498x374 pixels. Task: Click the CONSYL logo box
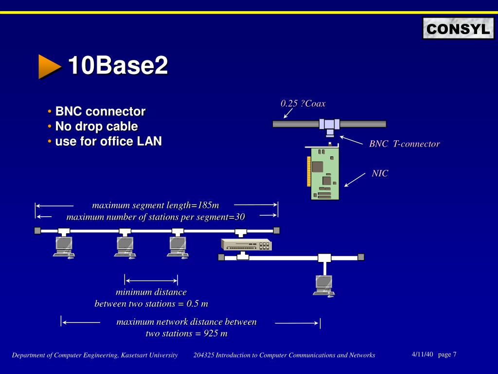(x=458, y=29)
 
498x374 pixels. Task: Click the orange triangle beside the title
(x=50, y=66)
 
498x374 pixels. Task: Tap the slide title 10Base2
(x=118, y=66)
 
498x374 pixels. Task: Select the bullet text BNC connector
(x=100, y=112)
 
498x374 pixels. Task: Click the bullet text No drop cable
(x=96, y=127)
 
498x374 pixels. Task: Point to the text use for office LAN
(x=108, y=142)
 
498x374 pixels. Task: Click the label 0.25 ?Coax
(x=303, y=103)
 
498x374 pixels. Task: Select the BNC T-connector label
(x=404, y=144)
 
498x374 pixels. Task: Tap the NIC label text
(x=380, y=173)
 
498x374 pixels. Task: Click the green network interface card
(x=324, y=173)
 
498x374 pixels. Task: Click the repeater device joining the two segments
(x=246, y=244)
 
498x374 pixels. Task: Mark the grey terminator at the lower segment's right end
(x=361, y=257)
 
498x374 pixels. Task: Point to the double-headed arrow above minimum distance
(x=151, y=280)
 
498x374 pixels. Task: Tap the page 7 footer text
(x=447, y=355)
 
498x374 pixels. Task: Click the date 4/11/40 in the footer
(x=422, y=355)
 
